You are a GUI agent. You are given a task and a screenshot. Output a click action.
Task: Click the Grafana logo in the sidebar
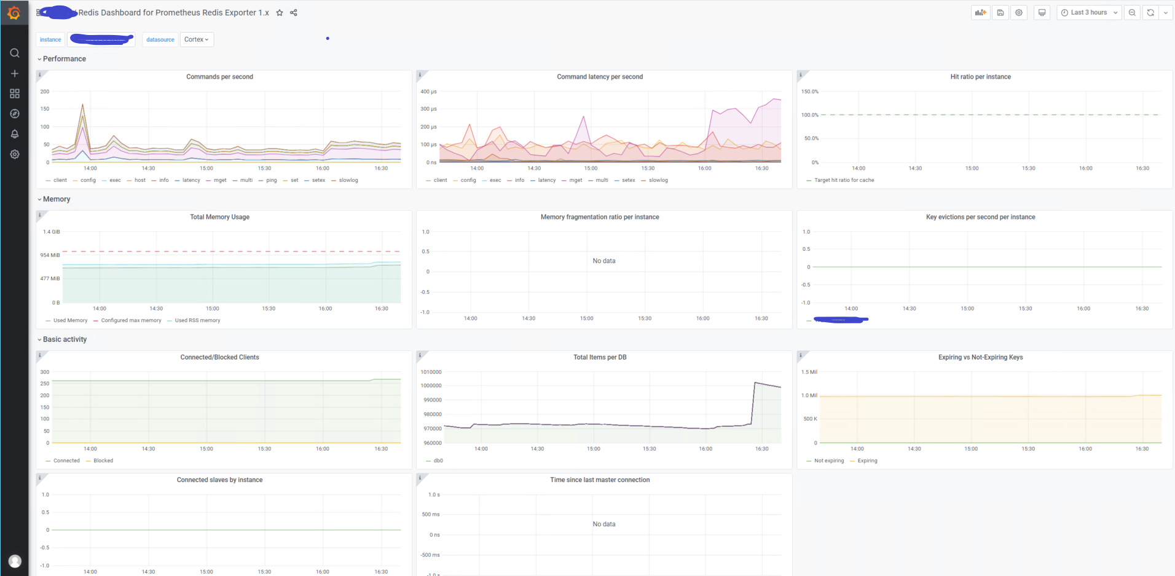[x=14, y=12]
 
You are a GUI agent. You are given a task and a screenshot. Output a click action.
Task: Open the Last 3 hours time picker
[x=1088, y=12]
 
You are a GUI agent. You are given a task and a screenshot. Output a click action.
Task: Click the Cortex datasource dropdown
[x=197, y=39]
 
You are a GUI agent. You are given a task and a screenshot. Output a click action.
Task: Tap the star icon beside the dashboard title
[x=280, y=12]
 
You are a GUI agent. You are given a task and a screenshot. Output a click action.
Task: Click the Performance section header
[x=64, y=59]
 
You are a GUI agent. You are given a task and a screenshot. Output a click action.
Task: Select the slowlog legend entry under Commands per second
[x=348, y=180]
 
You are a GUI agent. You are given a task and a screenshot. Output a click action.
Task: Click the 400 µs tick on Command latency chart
[x=428, y=92]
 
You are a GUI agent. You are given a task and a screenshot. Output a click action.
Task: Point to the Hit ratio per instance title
[x=980, y=77]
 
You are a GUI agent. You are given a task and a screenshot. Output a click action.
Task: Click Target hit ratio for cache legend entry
[x=844, y=180]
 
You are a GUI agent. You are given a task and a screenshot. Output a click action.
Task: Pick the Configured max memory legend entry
[x=131, y=320]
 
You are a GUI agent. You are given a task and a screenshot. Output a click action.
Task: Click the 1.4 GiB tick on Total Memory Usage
[x=52, y=232]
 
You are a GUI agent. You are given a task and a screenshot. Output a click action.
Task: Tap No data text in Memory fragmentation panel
[x=603, y=261]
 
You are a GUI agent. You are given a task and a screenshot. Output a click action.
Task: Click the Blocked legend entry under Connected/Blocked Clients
[x=103, y=460]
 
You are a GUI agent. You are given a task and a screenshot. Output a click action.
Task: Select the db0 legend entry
[x=438, y=460]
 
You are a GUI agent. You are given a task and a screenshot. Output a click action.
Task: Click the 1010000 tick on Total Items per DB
[x=431, y=372]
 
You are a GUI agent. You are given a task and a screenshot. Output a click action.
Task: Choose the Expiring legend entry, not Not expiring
[x=867, y=460]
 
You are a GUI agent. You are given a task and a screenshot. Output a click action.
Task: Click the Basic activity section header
[x=65, y=339]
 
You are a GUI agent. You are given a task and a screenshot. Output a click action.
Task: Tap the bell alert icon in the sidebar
[x=15, y=134]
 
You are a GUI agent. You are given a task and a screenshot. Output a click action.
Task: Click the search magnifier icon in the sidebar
[x=15, y=53]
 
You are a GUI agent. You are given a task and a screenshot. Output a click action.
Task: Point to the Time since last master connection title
[x=599, y=480]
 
